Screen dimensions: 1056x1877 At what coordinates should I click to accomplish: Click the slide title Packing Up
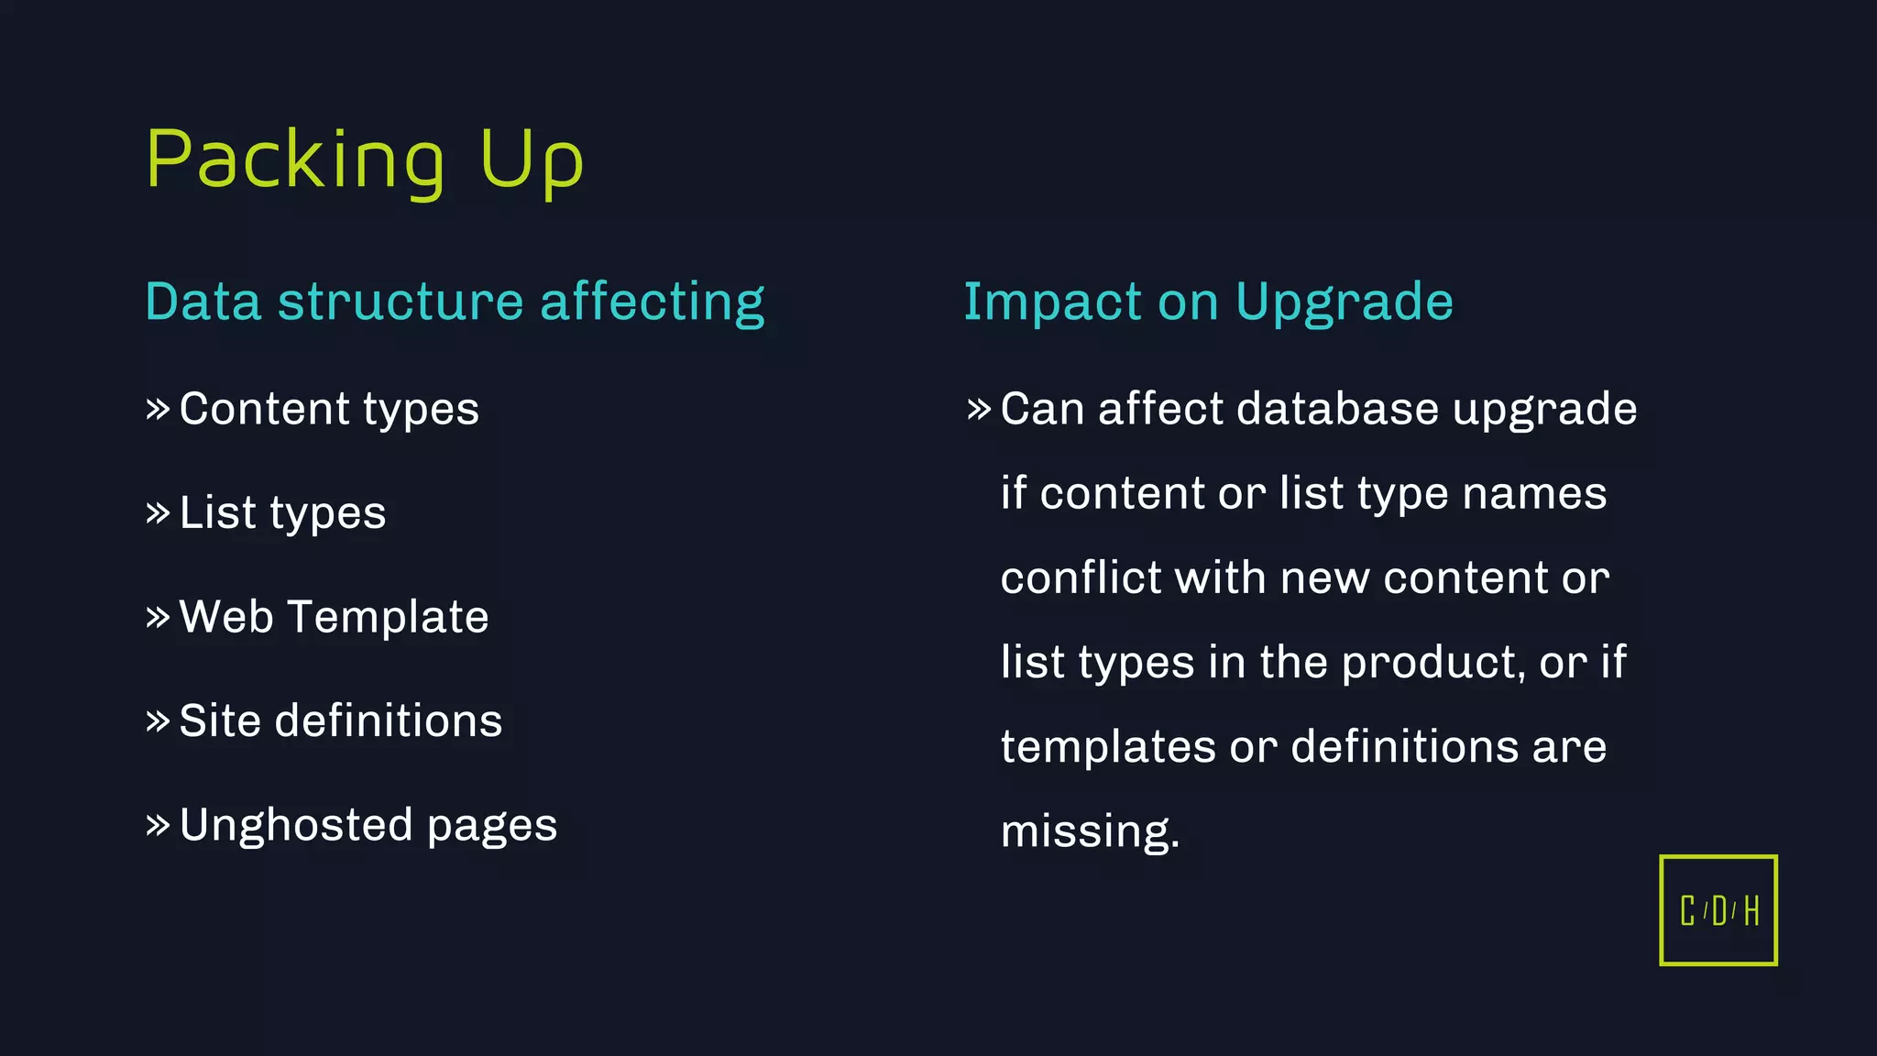coord(364,160)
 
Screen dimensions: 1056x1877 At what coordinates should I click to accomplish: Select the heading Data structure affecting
coord(455,302)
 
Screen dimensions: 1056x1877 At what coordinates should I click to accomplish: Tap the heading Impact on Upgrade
coord(1208,302)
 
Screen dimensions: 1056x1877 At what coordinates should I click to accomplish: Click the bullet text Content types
coord(329,409)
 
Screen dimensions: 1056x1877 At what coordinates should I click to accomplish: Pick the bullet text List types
coord(282,512)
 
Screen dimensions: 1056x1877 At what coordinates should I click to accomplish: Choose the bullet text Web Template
coord(334,616)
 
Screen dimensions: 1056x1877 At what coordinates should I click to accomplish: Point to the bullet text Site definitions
coord(341,720)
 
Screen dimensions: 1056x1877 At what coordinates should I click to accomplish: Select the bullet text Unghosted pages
coord(368,825)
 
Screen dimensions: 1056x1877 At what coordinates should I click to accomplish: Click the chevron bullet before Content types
coord(158,409)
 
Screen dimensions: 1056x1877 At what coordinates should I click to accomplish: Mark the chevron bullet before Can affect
coord(979,409)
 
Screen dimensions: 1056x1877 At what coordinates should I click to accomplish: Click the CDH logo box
coord(1718,910)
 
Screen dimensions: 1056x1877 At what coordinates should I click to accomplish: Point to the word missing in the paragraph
coord(1090,831)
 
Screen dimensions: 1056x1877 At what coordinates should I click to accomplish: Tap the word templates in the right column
coord(1108,747)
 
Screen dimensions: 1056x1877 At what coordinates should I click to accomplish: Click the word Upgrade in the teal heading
coord(1345,302)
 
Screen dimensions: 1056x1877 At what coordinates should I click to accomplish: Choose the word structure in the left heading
coord(401,302)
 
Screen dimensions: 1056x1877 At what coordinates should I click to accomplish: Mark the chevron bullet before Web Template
coord(158,616)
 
